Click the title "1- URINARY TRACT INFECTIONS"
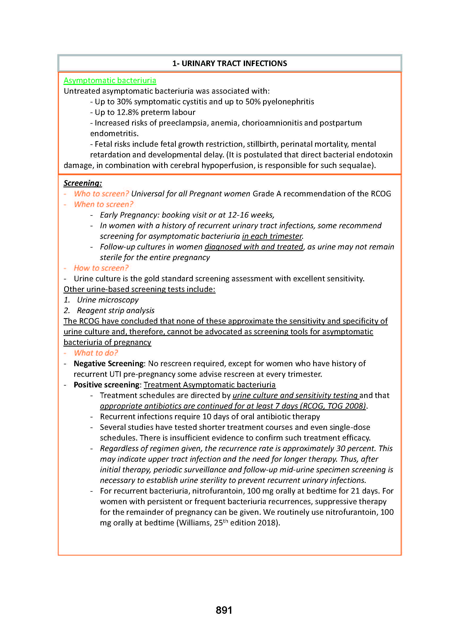(229, 63)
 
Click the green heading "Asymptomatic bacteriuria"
(110, 80)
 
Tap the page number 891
(224, 610)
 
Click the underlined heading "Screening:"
(83, 183)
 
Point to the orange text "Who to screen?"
(101, 194)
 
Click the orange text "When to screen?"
(103, 204)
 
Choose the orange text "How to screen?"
(101, 268)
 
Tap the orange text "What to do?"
(96, 353)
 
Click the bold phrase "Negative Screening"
(108, 364)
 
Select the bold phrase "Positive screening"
(106, 385)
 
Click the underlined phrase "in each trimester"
(272, 236)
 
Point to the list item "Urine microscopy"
(108, 300)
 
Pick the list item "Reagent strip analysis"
(116, 310)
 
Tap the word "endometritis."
(114, 134)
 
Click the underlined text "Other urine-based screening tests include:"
(139, 289)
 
